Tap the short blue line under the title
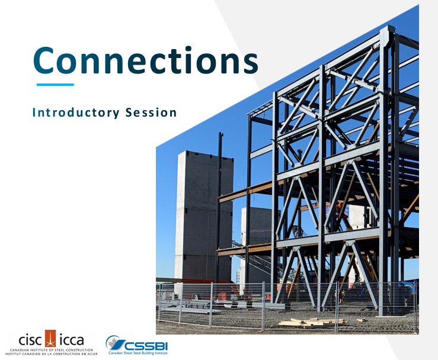pos(55,85)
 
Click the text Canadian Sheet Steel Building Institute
pos(139,353)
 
